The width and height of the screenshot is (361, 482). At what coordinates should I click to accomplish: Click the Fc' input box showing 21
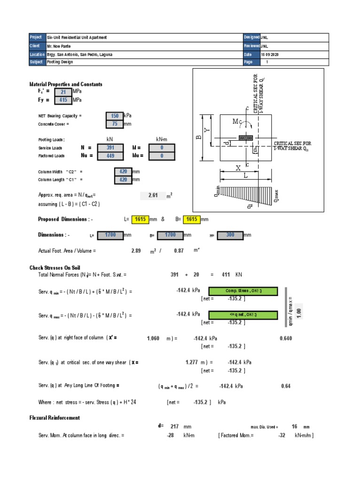coord(63,92)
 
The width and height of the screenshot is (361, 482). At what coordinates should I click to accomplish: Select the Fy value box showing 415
coord(63,100)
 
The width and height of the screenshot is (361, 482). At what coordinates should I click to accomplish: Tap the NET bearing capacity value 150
coord(114,116)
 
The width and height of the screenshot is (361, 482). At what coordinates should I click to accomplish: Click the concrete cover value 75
coord(114,124)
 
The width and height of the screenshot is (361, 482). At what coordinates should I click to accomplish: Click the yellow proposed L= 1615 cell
coord(140,219)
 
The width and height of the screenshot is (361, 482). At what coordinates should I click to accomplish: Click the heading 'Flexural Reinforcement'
coord(55,418)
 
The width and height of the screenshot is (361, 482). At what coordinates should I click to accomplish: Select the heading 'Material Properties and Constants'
coord(66,84)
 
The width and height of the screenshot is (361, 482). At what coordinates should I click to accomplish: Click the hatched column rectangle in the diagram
coord(245,138)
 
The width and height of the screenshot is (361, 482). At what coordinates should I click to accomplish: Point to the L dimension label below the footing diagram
coord(245,176)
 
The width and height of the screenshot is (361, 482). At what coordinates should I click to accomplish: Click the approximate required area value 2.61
coord(152,195)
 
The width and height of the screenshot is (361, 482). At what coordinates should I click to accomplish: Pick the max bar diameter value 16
coord(295,426)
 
